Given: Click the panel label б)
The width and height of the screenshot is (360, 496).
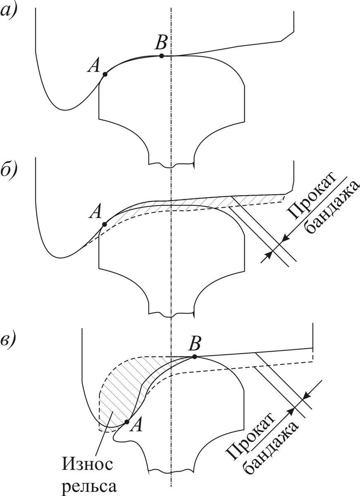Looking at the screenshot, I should (9, 169).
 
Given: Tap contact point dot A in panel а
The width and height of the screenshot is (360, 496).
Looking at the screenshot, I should (105, 74).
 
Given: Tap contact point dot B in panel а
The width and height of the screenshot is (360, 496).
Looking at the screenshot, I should (161, 56).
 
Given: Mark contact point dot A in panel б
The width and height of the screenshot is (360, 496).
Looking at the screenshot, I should (104, 224).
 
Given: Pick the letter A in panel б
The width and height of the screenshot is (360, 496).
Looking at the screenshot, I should (96, 213).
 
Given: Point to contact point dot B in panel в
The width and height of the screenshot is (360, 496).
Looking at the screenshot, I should (194, 356).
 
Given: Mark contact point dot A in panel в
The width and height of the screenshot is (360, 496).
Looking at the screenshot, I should (126, 422).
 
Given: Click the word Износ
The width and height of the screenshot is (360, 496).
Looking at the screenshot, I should (88, 465).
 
